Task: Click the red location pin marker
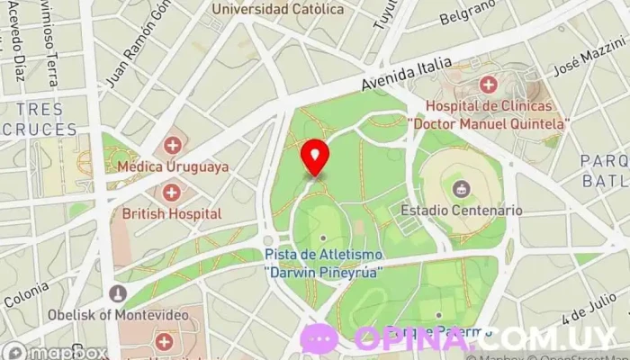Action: point(314,157)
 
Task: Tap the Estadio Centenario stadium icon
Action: point(461,188)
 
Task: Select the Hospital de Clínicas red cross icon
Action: point(488,85)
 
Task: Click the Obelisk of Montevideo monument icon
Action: point(117,292)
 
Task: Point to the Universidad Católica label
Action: point(277,9)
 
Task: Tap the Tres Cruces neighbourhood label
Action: point(39,119)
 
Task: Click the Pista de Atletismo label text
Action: point(323,262)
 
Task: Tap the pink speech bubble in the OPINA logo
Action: point(320,338)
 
